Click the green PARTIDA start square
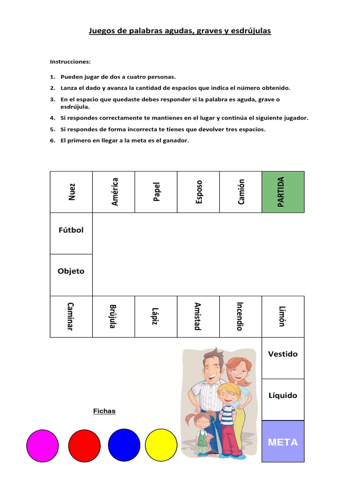283,192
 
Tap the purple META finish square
283,442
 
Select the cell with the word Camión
240,192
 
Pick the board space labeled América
114,192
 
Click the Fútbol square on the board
71,230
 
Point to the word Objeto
71,271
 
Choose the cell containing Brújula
113,316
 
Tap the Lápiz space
156,316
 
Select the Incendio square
240,316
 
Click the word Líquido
283,395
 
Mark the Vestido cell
283,354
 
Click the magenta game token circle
43,445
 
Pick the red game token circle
84,445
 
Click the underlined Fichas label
104,411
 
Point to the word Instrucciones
70,61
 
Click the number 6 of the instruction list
52,140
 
